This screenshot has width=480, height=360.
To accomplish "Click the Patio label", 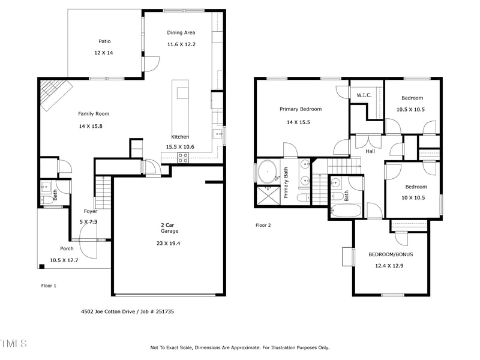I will click(104, 41).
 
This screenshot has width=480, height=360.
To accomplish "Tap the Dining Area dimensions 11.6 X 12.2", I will click(181, 44).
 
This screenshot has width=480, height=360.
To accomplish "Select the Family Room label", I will click(94, 113).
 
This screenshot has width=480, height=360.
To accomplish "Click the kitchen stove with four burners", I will click(183, 157).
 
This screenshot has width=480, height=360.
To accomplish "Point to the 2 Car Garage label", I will click(169, 227).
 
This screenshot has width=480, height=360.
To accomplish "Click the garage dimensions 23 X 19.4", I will click(169, 243).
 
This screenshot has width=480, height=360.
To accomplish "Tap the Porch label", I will click(67, 248).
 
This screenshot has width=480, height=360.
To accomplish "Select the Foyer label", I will click(90, 211).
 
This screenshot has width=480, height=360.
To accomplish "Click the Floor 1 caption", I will click(49, 286).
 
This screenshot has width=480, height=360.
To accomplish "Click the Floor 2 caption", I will click(263, 226).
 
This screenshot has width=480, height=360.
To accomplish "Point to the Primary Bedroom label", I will click(301, 109).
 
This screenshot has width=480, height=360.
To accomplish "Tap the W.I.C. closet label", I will click(364, 95).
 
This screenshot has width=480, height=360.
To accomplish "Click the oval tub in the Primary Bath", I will click(267, 172).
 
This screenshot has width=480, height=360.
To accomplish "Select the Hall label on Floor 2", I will click(370, 151).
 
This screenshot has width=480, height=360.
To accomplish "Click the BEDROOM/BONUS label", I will click(391, 254).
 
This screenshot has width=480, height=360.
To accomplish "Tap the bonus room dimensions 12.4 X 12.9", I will click(390, 265).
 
